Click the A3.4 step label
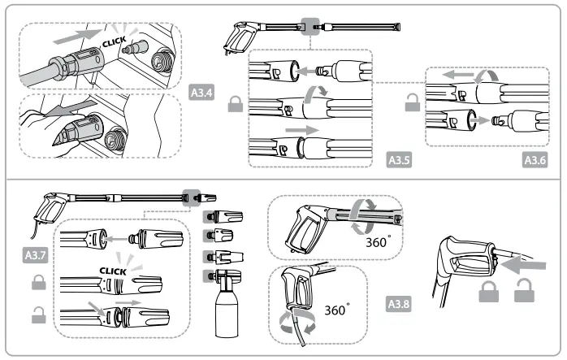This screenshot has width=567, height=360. coord(201,93)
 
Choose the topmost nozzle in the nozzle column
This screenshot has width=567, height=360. coord(220,217)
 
